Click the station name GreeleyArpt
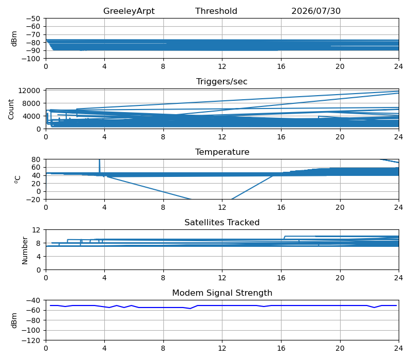point(129,11)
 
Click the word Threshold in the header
point(216,11)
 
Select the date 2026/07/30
point(316,11)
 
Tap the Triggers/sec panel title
point(222,82)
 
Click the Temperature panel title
point(222,152)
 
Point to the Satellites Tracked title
point(222,222)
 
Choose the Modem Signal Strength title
point(222,293)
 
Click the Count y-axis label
point(11,110)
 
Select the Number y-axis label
point(25,250)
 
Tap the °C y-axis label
point(17,179)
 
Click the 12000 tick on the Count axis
point(29,91)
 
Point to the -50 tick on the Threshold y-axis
point(33,19)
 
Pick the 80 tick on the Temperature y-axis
point(36,159)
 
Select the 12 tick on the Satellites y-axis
point(36,230)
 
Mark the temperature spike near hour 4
point(99,166)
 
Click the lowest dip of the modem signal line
point(190,309)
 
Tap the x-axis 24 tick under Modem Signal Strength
point(399,349)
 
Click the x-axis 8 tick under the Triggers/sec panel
point(163,137)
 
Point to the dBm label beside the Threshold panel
point(14,39)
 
